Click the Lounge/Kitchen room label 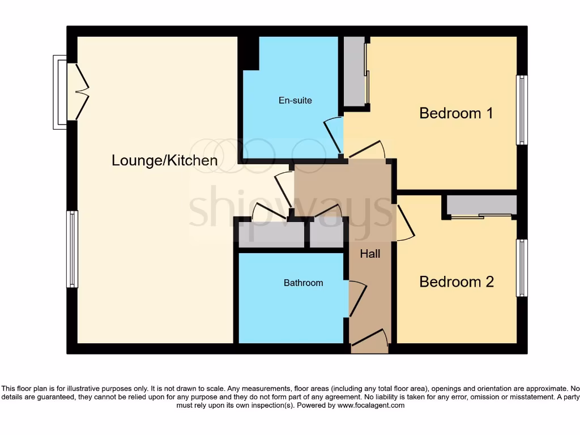164,160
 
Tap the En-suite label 295,100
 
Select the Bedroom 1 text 456,113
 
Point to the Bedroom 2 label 457,282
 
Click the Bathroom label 303,283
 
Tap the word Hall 370,254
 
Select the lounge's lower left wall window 72,249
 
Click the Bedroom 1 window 522,110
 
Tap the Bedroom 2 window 522,268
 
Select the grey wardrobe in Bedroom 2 481,204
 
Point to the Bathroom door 357,298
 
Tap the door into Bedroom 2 404,222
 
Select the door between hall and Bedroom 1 367,150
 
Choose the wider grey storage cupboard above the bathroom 271,235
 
